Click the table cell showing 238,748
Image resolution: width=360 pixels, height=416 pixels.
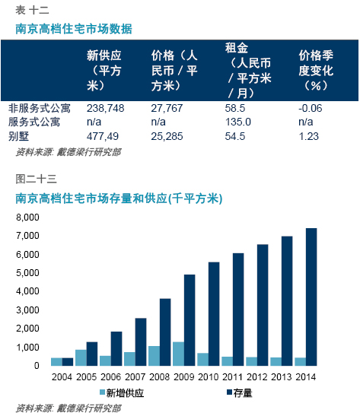(105, 108)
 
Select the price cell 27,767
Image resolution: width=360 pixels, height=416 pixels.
(167, 108)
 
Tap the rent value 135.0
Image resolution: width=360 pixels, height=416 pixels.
(238, 122)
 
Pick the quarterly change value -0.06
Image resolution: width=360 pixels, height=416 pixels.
(310, 108)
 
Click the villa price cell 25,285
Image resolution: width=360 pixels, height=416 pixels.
(167, 136)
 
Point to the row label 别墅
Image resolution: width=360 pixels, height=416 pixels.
(18, 136)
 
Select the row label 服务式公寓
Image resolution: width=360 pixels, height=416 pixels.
(34, 122)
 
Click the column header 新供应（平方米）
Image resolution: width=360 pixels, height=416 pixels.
(104, 71)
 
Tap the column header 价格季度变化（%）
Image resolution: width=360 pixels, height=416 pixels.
(316, 71)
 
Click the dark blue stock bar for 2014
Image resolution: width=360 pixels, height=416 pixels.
(311, 297)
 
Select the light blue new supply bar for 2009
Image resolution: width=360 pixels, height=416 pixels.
(178, 354)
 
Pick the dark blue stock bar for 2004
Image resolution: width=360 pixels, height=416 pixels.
(68, 362)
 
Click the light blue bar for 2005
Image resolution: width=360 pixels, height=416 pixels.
(81, 358)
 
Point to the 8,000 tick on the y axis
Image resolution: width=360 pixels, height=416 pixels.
(27, 218)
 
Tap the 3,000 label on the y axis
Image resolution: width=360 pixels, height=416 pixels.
(27, 310)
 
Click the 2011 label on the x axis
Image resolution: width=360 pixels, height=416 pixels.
(232, 377)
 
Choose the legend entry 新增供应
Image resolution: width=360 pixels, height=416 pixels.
(122, 393)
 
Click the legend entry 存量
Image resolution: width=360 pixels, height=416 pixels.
(239, 393)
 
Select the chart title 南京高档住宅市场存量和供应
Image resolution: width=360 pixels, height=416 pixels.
(119, 198)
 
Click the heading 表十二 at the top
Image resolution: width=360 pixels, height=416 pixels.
(32, 11)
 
